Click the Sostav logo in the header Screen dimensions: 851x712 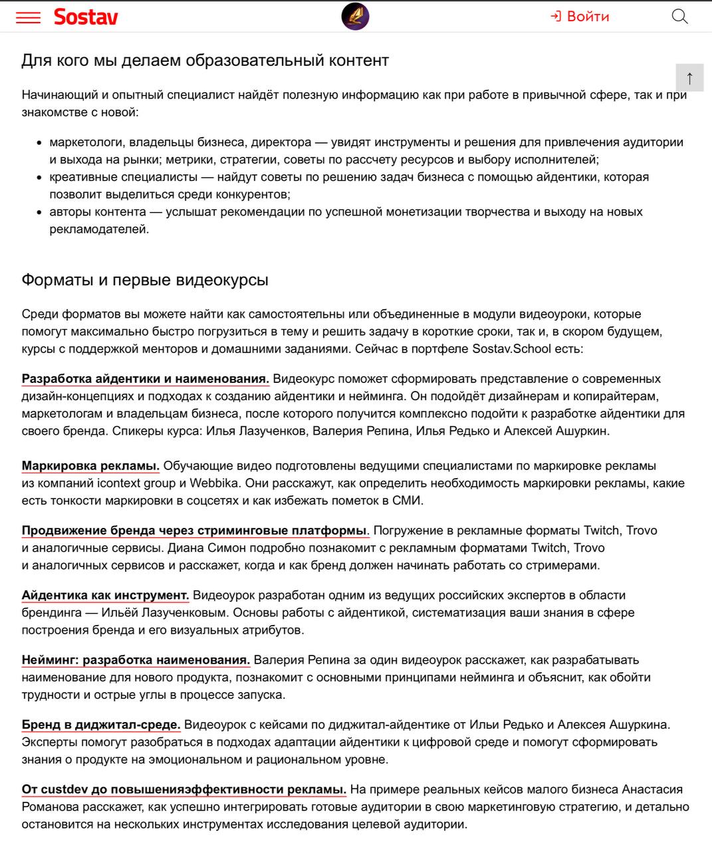86,17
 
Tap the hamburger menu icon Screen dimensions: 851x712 28,17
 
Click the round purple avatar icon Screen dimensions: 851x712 355,17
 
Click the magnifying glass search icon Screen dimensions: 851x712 679,17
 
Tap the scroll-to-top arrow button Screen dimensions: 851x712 689,78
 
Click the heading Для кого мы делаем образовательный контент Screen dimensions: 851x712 205,61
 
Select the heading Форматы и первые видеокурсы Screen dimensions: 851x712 145,280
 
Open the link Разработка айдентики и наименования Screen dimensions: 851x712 145,379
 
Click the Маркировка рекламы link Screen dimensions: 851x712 90,466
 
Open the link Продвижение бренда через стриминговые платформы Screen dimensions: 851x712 195,531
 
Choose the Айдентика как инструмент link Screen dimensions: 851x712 105,595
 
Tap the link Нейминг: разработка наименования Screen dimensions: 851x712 136,660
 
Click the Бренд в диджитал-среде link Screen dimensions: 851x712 101,725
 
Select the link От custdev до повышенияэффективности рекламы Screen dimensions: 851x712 183,790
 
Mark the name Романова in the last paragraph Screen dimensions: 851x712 50,807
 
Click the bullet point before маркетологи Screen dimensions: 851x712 41,143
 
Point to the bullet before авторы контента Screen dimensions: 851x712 41,213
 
